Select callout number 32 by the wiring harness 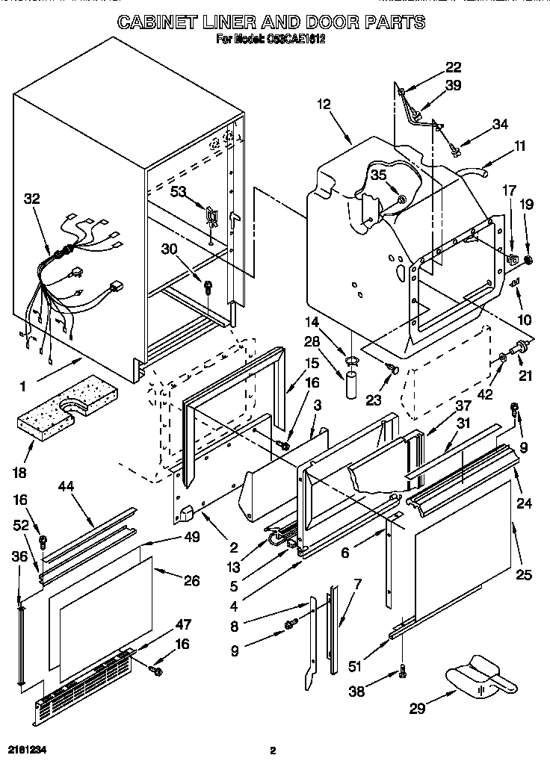(31, 199)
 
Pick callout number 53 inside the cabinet (178, 193)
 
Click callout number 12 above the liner (323, 105)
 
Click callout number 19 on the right (528, 202)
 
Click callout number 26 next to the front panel (191, 580)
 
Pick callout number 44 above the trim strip (67, 486)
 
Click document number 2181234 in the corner (26, 749)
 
